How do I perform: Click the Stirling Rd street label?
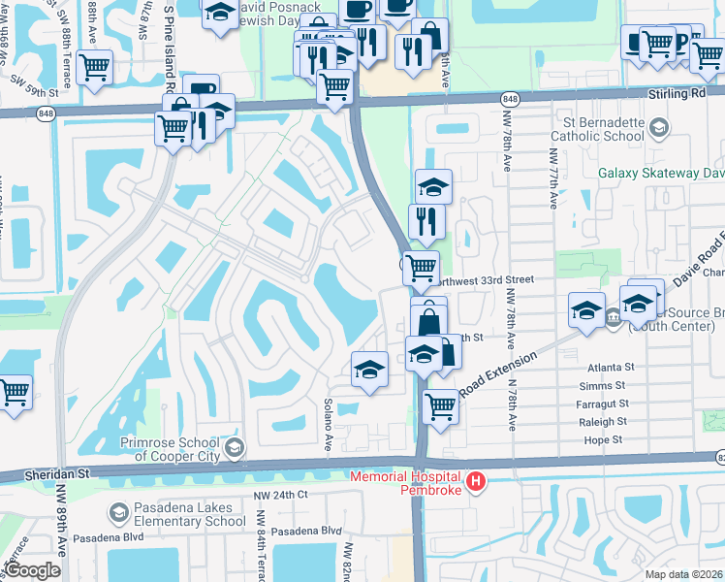(675, 95)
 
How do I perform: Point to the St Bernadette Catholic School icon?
(658, 128)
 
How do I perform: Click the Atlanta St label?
(611, 368)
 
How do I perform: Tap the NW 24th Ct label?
(280, 495)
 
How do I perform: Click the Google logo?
(33, 570)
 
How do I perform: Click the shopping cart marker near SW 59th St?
(94, 67)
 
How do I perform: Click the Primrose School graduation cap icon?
(234, 447)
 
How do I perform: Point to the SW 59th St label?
(37, 94)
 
